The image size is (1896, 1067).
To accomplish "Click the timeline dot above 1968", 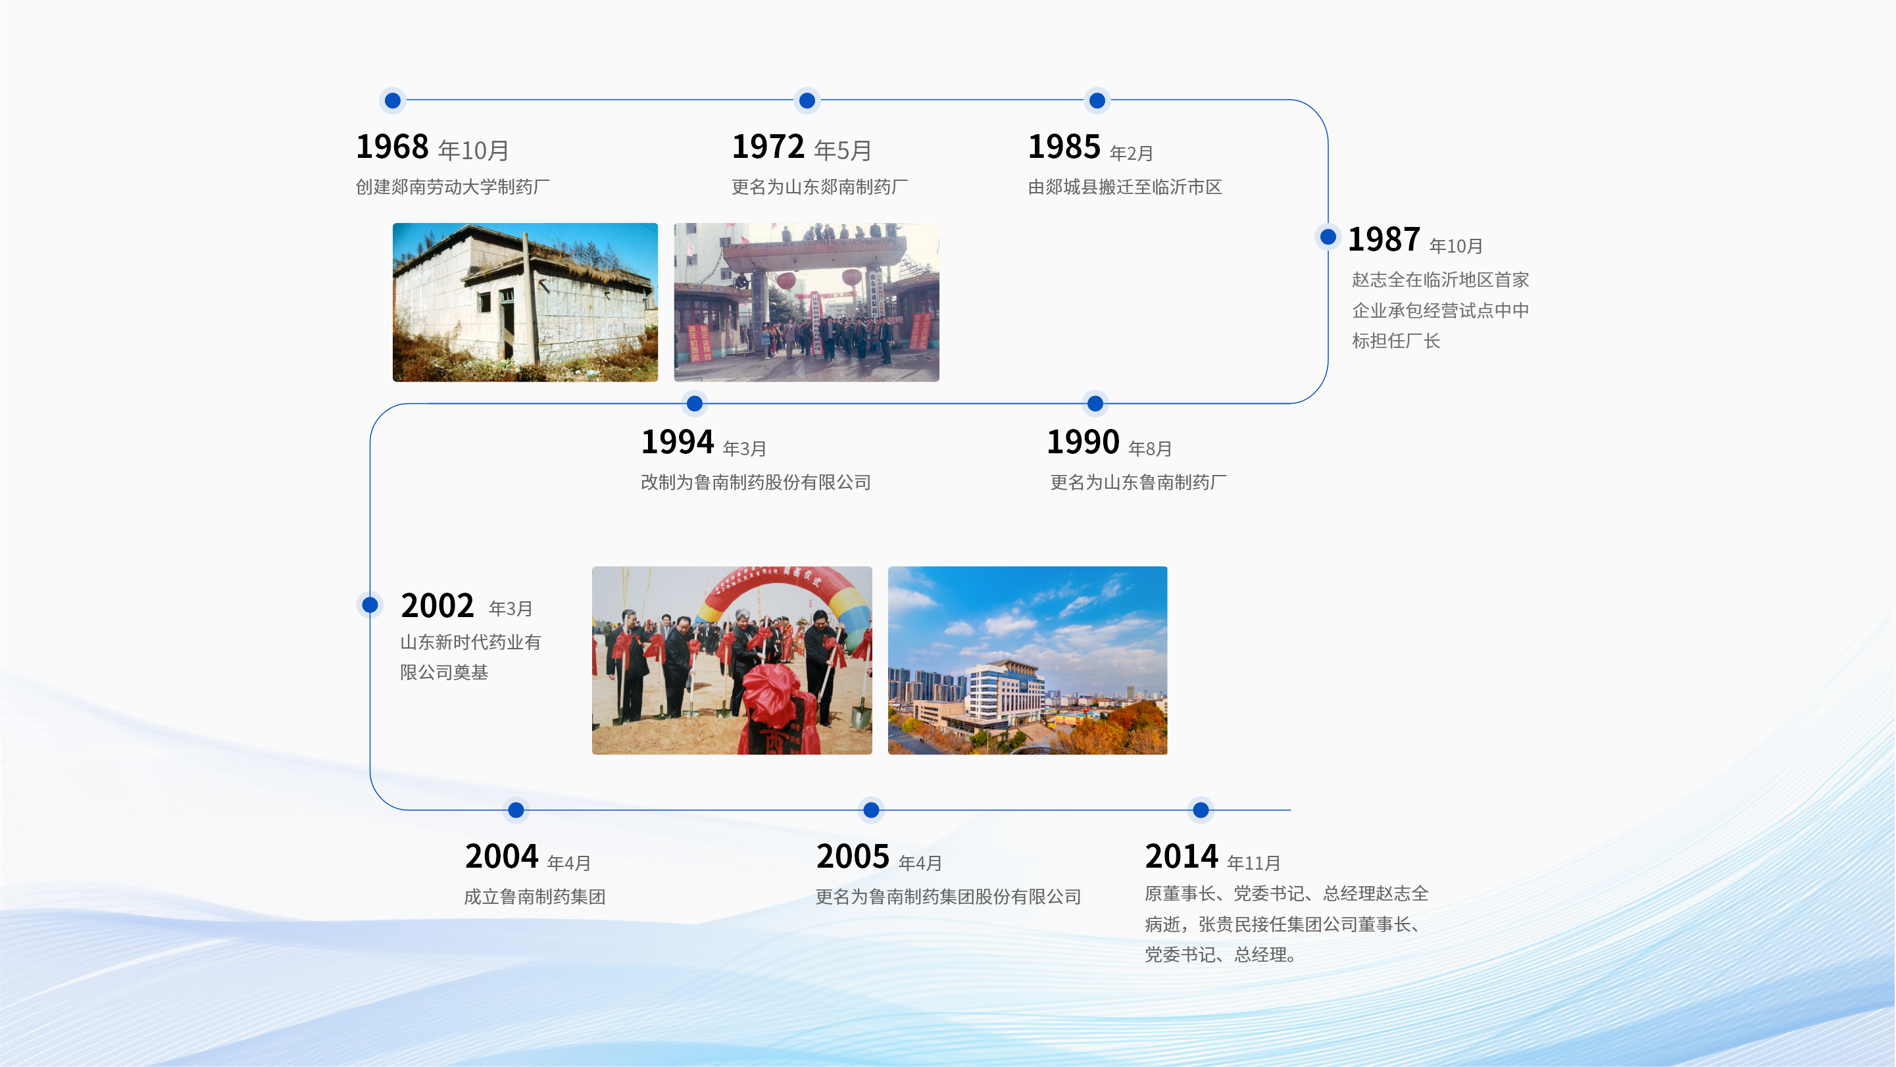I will click(x=392, y=100).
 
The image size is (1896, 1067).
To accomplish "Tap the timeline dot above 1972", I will click(x=807, y=100).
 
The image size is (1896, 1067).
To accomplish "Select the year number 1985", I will click(x=1064, y=147).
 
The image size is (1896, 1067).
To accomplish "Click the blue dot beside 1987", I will click(x=1328, y=237).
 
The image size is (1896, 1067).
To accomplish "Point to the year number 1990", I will click(x=1083, y=442).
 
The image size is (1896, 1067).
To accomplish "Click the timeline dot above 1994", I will click(x=694, y=403).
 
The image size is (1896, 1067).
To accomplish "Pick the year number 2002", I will click(x=437, y=606).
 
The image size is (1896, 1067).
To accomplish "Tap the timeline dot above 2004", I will click(x=516, y=810).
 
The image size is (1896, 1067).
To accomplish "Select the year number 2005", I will click(x=853, y=856).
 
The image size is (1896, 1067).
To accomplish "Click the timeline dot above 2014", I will click(x=1201, y=810).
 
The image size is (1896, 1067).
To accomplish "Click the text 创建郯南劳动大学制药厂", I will click(x=453, y=187).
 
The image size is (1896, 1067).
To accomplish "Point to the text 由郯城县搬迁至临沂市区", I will click(x=1125, y=187).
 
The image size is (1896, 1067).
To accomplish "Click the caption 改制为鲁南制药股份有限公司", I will click(x=756, y=483).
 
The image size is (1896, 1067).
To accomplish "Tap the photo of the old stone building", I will click(x=525, y=302).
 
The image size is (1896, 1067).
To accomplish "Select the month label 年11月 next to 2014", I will click(x=1253, y=863).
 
